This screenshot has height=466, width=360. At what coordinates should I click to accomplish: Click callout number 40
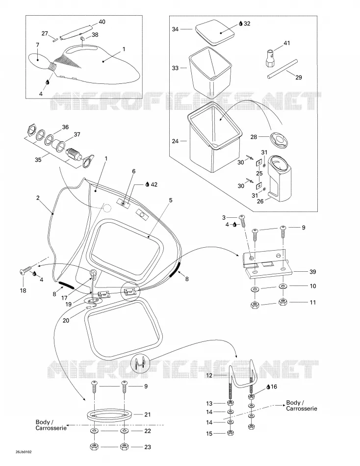click(x=102, y=22)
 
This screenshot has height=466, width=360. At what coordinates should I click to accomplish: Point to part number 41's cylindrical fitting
click(x=269, y=59)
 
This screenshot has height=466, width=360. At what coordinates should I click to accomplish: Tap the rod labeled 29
click(x=282, y=69)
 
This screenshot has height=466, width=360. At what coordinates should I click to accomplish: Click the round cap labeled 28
click(x=279, y=140)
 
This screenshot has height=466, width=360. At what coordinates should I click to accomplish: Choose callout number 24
click(x=175, y=141)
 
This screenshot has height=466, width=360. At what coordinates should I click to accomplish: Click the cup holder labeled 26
click(x=280, y=179)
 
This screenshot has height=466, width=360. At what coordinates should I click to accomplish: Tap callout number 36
click(x=65, y=127)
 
